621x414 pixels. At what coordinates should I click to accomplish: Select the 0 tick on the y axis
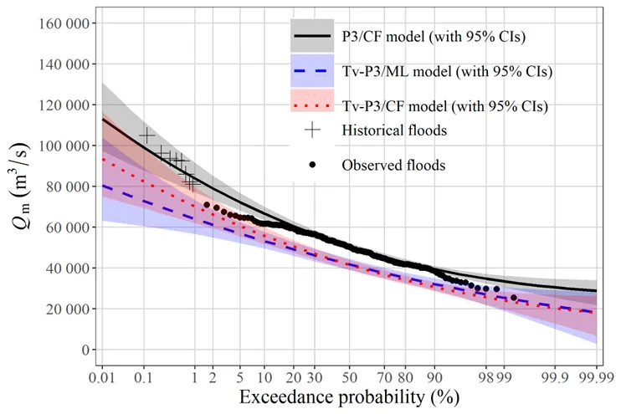tap(85, 350)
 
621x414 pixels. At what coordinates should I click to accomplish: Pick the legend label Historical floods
tap(393, 130)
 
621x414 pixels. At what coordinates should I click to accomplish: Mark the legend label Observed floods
tap(393, 165)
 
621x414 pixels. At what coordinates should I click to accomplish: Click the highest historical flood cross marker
tap(147, 134)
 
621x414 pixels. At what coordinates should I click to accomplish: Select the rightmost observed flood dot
tap(514, 298)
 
